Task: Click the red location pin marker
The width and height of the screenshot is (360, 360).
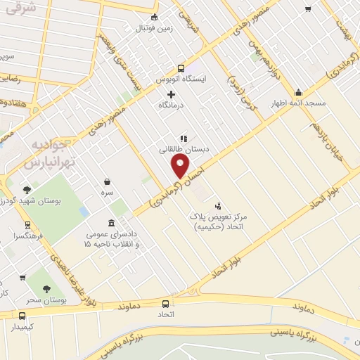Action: click(x=181, y=166)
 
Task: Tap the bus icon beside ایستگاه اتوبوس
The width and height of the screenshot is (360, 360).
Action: click(x=181, y=68)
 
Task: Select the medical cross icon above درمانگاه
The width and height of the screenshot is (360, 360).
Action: click(x=171, y=94)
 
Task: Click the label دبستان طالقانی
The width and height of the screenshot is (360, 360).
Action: click(x=181, y=149)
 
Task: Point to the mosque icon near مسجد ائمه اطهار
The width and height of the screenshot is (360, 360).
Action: click(x=298, y=92)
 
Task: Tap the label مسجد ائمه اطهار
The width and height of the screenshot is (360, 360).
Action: click(x=299, y=103)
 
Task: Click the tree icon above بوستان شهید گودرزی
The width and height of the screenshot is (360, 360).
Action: click(x=27, y=189)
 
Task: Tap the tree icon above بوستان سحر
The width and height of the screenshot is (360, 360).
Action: click(x=46, y=288)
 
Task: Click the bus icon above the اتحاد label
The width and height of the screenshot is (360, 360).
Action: click(x=166, y=304)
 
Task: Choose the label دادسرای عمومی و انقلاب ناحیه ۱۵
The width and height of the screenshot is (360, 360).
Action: click(x=111, y=239)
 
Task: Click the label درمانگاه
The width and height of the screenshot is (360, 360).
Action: click(x=171, y=105)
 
